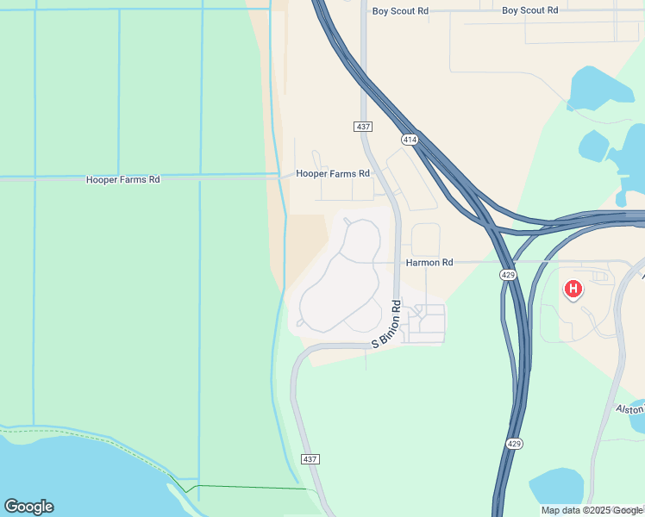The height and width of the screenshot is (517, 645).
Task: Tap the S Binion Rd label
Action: (x=386, y=324)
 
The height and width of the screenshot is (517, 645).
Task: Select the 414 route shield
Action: (x=409, y=139)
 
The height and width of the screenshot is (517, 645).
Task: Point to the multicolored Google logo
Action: (x=28, y=507)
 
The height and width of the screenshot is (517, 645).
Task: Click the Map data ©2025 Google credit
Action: (x=592, y=510)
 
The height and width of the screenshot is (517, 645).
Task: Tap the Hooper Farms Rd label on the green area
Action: (x=123, y=180)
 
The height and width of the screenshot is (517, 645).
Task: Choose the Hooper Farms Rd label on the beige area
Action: (x=333, y=173)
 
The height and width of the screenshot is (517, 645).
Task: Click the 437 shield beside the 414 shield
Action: (x=362, y=127)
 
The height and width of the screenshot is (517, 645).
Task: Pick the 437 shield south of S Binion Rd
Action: (x=310, y=459)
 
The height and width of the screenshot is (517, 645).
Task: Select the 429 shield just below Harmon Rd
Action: (x=508, y=274)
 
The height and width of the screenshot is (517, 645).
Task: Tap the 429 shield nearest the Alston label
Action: (x=512, y=442)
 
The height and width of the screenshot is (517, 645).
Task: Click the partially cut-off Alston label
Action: (x=630, y=408)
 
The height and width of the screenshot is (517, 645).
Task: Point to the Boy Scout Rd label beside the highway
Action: (x=400, y=11)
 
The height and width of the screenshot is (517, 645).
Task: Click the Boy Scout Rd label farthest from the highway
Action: (x=529, y=10)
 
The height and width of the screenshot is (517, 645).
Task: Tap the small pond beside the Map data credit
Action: (x=557, y=486)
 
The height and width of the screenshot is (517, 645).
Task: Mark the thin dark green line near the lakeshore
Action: (x=250, y=488)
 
